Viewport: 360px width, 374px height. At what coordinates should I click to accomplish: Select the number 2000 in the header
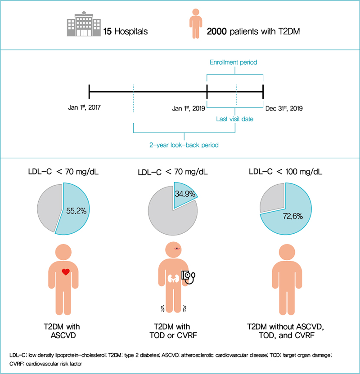pyautogui.click(x=218, y=32)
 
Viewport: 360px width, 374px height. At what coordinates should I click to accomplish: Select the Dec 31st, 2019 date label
pyautogui.click(x=283, y=108)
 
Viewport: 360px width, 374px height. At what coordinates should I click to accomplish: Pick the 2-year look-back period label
pyautogui.click(x=184, y=145)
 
